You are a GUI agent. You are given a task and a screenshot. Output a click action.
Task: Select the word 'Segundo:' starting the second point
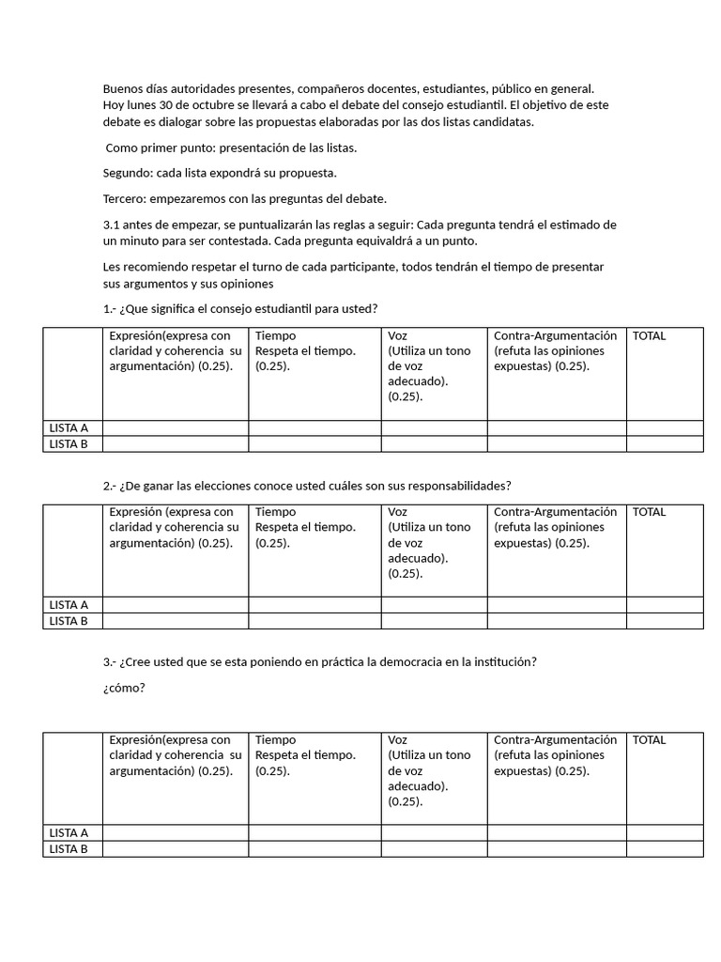point(126,173)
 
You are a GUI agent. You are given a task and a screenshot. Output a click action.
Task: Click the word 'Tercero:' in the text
point(125,198)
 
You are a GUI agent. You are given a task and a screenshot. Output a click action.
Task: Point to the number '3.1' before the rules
point(112,225)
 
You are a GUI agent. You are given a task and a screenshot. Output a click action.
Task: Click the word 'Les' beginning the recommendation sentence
point(112,267)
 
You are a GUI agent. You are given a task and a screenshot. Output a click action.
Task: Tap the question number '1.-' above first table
point(110,309)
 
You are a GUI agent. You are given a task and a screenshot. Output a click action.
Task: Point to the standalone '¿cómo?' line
point(124,688)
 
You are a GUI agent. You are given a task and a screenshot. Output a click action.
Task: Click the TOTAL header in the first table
point(649,336)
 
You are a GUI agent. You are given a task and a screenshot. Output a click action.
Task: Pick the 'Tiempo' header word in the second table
point(275,512)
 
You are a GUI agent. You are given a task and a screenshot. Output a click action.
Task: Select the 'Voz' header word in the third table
point(397,740)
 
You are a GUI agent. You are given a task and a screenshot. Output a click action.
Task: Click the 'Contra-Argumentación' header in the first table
point(555,336)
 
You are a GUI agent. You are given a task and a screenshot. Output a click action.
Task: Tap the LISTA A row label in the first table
point(69,428)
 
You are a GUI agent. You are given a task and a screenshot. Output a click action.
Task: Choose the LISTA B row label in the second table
point(69,621)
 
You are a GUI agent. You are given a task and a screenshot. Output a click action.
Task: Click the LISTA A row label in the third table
point(69,832)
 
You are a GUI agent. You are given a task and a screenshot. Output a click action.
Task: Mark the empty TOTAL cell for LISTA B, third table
point(665,849)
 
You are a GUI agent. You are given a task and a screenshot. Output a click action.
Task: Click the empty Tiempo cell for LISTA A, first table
point(314,428)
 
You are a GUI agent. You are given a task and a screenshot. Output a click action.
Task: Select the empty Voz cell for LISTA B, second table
point(434,621)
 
